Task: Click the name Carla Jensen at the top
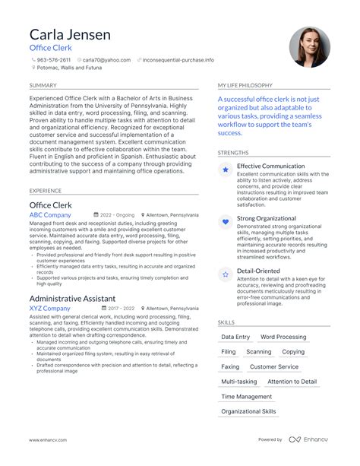coord(70,34)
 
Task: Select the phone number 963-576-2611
coord(53,59)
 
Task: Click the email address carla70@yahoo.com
coord(106,59)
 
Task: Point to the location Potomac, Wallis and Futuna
coord(70,68)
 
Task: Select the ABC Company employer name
coord(50,215)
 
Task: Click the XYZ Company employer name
coord(49,309)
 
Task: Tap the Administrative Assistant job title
coord(73,299)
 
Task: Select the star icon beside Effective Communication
coord(226,171)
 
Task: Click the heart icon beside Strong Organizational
coord(226,222)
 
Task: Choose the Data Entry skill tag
coord(235,337)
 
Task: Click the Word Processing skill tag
coord(283,337)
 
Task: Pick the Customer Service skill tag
coord(274,366)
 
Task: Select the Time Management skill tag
coord(246,397)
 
